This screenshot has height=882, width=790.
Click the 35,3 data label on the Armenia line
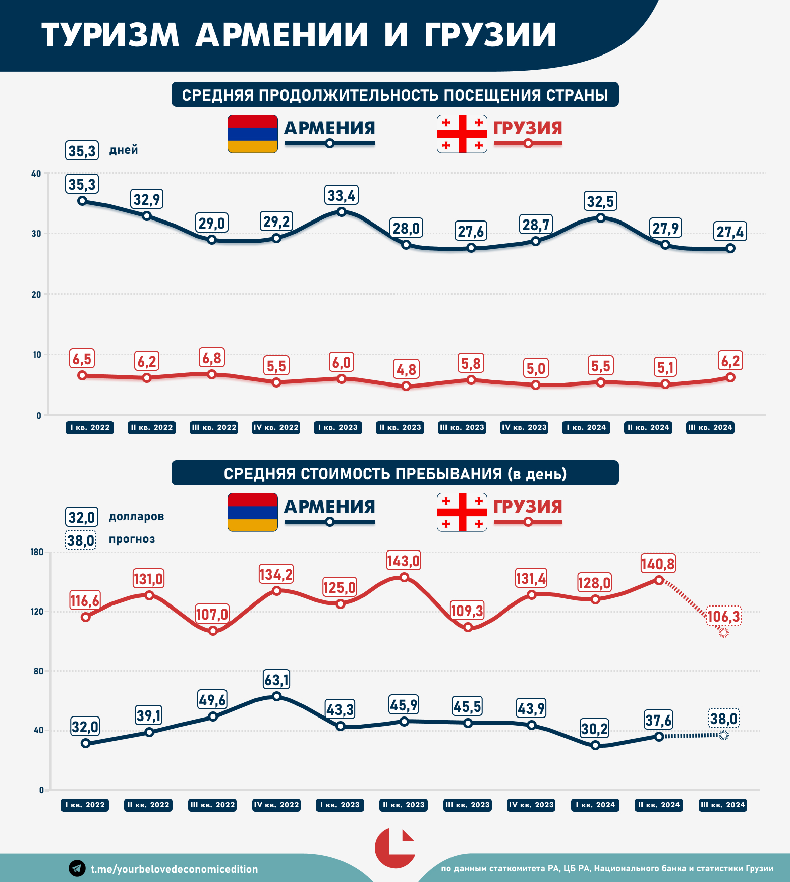pyautogui.click(x=82, y=184)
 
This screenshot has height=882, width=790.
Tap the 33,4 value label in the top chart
pyautogui.click(x=342, y=195)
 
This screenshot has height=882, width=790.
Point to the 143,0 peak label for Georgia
pyautogui.click(x=403, y=561)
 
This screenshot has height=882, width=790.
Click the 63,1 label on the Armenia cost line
pyautogui.click(x=276, y=680)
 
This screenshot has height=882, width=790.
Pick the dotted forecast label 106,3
pyautogui.click(x=724, y=616)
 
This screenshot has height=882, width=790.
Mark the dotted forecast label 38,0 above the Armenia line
pyautogui.click(x=724, y=718)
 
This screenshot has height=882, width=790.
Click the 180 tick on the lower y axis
pyautogui.click(x=37, y=552)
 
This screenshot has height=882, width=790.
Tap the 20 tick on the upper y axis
pyautogui.click(x=36, y=294)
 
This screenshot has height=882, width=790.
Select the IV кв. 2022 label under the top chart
pyautogui.click(x=276, y=427)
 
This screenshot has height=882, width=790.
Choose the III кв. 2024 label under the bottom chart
pyautogui.click(x=723, y=805)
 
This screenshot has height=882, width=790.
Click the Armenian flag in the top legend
pyautogui.click(x=252, y=134)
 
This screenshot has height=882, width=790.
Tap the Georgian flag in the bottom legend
pyautogui.click(x=462, y=512)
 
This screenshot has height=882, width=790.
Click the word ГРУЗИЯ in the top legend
pyautogui.click(x=528, y=128)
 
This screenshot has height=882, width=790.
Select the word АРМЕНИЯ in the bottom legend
pyautogui.click(x=329, y=507)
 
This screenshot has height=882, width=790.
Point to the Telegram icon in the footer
pyautogui.click(x=77, y=868)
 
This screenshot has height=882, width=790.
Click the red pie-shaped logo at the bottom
pyautogui.click(x=394, y=848)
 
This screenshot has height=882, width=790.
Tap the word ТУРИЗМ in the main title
pyautogui.click(x=110, y=35)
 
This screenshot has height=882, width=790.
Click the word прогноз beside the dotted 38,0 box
pyautogui.click(x=132, y=539)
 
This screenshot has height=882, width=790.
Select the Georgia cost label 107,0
pyautogui.click(x=212, y=614)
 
